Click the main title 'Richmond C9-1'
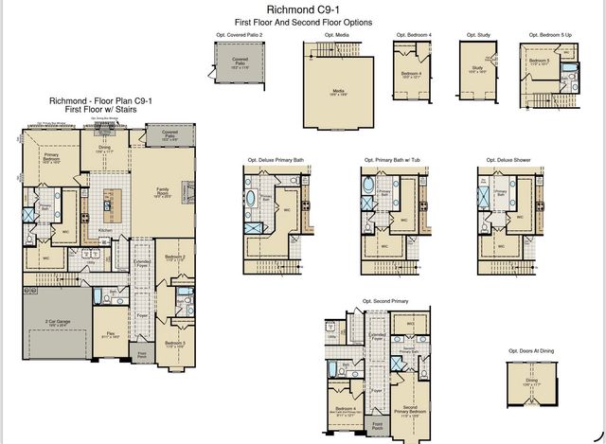[303, 9]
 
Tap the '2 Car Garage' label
[57, 323]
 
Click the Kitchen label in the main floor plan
[106, 231]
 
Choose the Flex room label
[111, 334]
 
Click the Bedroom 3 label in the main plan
[172, 345]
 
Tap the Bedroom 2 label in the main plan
[173, 258]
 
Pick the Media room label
[338, 92]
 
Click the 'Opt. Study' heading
[477, 35]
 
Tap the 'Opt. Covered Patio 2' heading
[241, 35]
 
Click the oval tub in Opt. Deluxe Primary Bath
[252, 198]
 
